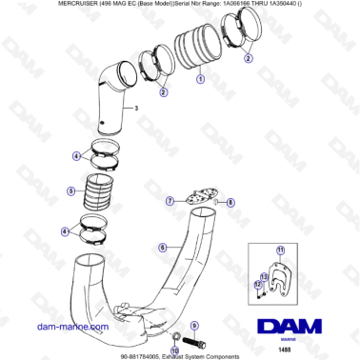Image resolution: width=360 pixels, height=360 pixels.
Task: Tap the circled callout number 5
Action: click(70, 190)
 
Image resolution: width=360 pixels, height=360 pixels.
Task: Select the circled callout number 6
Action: click(163, 248)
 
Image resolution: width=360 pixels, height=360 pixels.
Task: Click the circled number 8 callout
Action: click(230, 202)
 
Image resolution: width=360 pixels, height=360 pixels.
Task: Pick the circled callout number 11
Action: click(280, 250)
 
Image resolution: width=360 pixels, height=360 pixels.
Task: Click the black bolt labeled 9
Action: click(195, 340)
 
